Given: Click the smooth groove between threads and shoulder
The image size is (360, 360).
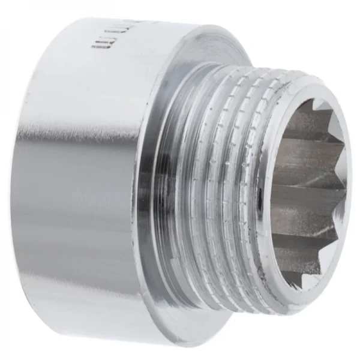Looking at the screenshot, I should (x=178, y=180).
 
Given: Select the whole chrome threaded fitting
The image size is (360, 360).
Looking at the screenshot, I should (x=180, y=180).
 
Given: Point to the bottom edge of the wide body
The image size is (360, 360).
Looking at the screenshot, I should (x=90, y=334).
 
